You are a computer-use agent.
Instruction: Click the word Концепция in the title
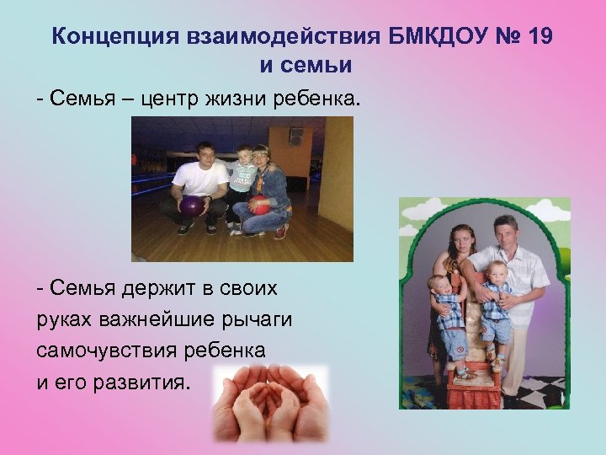107,36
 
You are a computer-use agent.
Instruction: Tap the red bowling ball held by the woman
261,205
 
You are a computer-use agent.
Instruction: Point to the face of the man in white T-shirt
204,153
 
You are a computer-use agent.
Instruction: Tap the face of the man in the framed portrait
505,230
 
